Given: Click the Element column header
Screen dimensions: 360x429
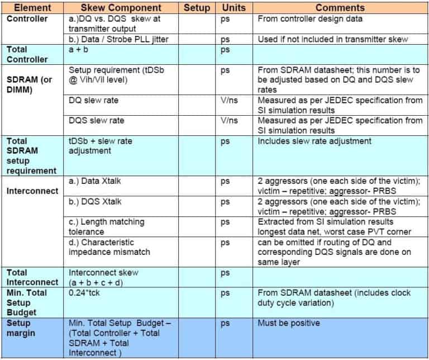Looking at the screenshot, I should pos(32,7).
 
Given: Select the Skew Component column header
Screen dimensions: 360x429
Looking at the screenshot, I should pos(121,7).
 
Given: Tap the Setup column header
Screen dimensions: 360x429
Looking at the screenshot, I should pos(197,7).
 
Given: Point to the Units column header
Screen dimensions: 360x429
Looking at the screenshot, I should pos(233,7).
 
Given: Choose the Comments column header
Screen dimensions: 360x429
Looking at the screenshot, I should pos(340,7).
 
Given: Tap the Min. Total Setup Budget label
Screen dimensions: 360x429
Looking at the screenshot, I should pos(27,302).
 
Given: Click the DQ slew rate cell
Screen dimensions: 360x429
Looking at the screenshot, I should pos(93,100).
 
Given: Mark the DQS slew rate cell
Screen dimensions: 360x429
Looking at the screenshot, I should pos(96,120).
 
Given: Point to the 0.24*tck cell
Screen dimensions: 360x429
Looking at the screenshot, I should pos(83,292).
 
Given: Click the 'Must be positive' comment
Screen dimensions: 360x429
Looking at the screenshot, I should pos(288,323).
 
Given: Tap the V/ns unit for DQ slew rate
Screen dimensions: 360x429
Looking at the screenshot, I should pos(230,100).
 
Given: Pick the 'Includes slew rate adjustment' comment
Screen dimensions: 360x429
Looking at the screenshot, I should pos(314,141).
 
